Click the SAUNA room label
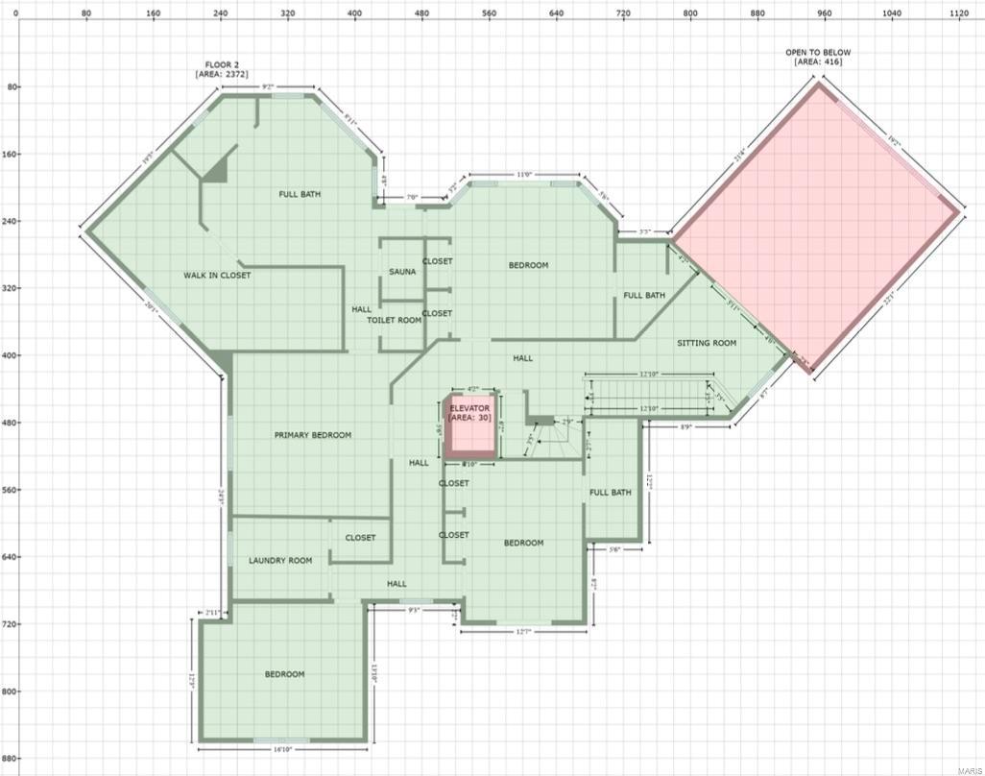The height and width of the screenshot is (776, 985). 402,272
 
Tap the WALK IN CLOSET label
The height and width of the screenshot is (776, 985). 217,276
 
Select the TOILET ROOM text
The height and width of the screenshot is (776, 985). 394,320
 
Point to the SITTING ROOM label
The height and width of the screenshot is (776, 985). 707,343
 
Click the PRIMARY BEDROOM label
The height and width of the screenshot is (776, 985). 313,435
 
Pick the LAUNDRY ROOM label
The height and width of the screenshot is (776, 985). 280,561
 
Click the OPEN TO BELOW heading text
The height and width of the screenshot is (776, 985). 818,53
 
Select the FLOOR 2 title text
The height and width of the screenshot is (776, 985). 222,65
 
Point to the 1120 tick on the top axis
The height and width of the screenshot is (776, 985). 959,14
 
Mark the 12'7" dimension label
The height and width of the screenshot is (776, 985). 523,631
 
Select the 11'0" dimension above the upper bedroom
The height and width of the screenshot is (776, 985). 523,175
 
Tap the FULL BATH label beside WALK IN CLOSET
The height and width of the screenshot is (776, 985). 300,195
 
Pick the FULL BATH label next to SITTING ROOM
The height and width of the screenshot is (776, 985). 644,296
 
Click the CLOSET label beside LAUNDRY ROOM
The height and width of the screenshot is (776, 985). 360,538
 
